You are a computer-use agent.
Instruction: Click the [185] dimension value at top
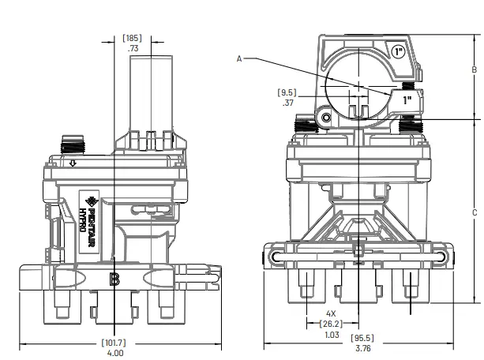click(x=132, y=37)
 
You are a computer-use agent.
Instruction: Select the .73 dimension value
click(x=133, y=49)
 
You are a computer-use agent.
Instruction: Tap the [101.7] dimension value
click(x=114, y=342)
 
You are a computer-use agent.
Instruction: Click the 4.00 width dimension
click(x=114, y=353)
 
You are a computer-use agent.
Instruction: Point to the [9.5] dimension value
click(x=287, y=91)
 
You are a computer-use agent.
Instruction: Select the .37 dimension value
click(x=287, y=102)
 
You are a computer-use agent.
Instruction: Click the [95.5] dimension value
click(x=362, y=339)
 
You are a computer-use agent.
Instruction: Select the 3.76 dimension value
click(x=362, y=349)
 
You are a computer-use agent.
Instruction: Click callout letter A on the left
click(x=239, y=58)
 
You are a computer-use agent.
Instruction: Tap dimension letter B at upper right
click(x=474, y=70)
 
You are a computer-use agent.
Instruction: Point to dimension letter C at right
click(x=474, y=212)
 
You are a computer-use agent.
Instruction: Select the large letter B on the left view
click(x=114, y=279)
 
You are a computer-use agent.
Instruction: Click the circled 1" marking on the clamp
click(x=399, y=52)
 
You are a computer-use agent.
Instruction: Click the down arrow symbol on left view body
click(x=72, y=164)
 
